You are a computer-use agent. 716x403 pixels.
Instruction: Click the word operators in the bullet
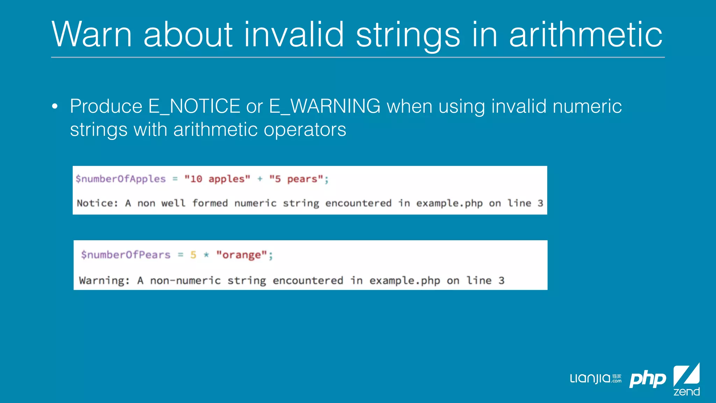[305, 129]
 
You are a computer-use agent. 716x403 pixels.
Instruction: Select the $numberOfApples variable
[121, 179]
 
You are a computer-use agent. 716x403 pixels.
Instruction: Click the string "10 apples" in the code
[217, 179]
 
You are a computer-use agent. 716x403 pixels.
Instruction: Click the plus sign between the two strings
[260, 179]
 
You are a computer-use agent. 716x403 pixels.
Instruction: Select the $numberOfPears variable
[126, 255]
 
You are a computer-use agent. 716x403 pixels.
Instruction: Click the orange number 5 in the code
[193, 255]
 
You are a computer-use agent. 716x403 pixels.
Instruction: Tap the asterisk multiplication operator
[206, 255]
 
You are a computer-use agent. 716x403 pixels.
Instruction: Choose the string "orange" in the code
[242, 255]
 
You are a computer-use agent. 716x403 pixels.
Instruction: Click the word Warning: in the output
[104, 281]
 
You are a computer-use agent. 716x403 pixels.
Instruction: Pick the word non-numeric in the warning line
[185, 281]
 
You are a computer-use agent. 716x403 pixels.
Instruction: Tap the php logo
[647, 379]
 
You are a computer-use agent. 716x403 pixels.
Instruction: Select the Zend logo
[687, 379]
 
